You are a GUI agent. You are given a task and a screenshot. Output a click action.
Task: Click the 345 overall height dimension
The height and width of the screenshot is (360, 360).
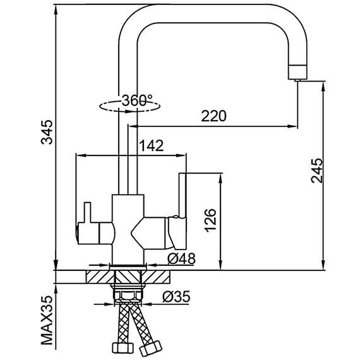(x=47, y=132)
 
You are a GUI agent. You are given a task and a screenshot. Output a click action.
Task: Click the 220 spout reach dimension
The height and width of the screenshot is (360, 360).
(x=213, y=116)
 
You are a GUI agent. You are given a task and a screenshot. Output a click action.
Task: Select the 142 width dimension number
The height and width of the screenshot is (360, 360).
(x=152, y=145)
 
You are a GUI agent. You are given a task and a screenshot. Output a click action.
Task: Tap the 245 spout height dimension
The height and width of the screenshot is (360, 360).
(x=317, y=171)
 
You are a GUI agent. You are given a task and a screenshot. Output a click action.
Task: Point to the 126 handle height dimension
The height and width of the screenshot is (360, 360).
(x=210, y=220)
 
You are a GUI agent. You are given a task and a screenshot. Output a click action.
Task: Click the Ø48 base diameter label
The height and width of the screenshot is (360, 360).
(x=181, y=259)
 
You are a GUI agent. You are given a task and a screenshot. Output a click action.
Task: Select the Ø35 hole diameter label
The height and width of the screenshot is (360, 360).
(x=176, y=297)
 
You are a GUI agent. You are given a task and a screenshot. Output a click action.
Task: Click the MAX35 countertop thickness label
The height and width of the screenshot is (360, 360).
(x=47, y=320)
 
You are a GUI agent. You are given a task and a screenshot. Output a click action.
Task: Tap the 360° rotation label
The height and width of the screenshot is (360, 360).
(x=137, y=100)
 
